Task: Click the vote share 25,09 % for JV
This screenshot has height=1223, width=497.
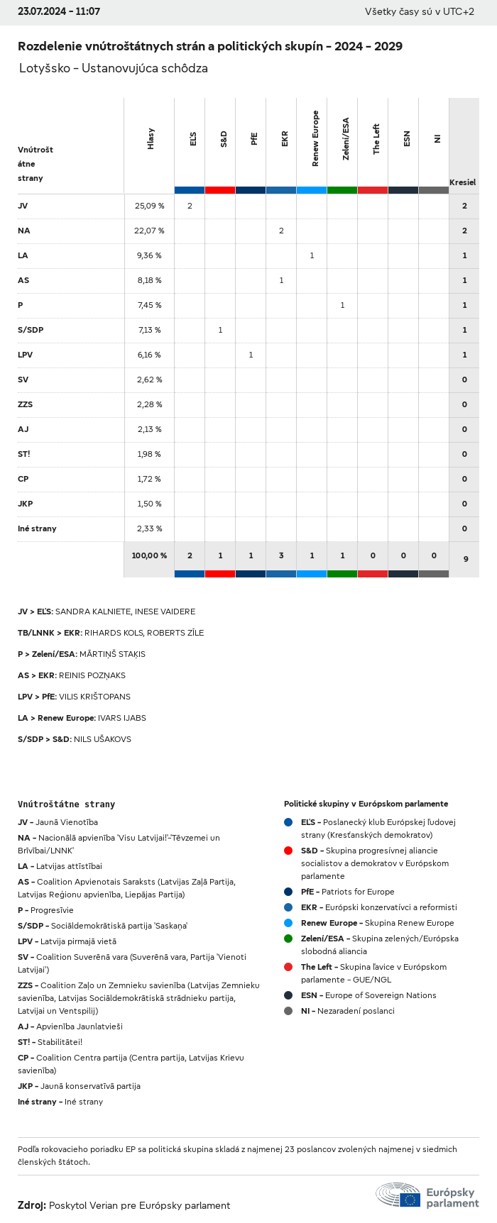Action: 149,206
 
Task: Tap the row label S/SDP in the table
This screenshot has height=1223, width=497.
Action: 31,330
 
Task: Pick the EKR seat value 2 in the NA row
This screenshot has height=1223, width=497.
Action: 281,231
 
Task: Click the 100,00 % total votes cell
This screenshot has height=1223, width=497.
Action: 149,555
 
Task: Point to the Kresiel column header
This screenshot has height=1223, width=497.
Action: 462,182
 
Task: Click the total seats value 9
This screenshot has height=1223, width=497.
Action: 465,559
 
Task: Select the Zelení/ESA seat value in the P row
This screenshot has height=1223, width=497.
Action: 342,305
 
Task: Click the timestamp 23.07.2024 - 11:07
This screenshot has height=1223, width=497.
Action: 59,11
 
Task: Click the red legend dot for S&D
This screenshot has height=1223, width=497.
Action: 288,851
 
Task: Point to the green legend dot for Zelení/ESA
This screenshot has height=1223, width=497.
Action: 288,939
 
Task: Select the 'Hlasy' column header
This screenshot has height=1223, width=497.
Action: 151,139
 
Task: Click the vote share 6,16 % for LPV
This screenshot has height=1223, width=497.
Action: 148,355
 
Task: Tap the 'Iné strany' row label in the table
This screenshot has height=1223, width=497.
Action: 37,529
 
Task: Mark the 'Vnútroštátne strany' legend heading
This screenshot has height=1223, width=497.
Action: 66,804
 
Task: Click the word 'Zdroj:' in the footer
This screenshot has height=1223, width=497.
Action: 32,1205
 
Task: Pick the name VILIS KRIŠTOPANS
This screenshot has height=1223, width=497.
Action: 94,697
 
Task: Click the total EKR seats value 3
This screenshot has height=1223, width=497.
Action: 281,555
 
